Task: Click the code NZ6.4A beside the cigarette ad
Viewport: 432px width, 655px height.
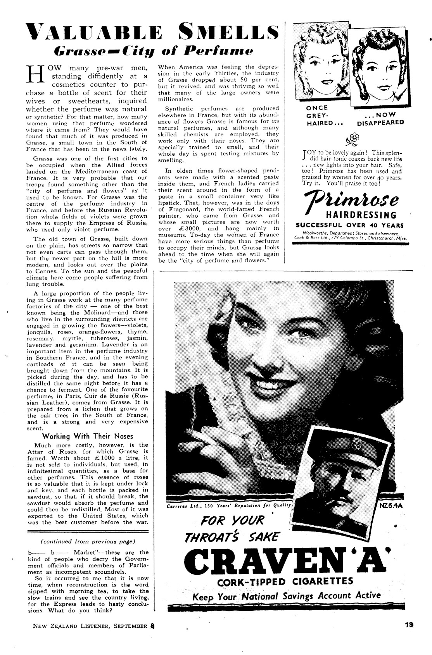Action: click(x=391, y=506)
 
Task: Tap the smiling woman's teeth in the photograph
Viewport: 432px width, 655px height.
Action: click(x=274, y=383)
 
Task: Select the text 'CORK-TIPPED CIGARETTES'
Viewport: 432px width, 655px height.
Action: click(x=285, y=581)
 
